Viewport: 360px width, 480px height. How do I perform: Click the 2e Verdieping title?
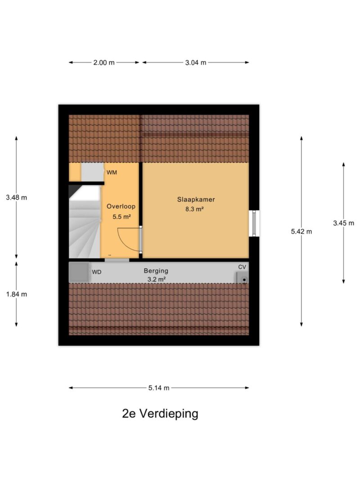coord(160,413)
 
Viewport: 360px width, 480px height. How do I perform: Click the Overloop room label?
coord(121,206)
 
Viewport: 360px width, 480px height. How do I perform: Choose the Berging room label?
coord(156,271)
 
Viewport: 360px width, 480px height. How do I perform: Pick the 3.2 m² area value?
coord(156,279)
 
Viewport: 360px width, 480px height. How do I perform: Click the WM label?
coord(112,172)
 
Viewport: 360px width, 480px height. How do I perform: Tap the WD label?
coord(97,272)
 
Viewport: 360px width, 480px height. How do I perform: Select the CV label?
coord(242,267)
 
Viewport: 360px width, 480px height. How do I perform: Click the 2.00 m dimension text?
coord(104,63)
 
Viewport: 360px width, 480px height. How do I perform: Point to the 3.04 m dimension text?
coord(195,63)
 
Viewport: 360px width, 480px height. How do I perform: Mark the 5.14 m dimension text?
coord(158,388)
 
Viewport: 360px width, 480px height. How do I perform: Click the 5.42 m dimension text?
coord(301,232)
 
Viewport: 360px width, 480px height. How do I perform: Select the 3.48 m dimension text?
coord(17,197)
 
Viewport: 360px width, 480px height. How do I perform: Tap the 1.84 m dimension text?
coord(17,294)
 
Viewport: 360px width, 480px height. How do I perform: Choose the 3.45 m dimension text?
coord(343,223)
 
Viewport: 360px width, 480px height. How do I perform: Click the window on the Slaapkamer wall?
coord(254,223)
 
